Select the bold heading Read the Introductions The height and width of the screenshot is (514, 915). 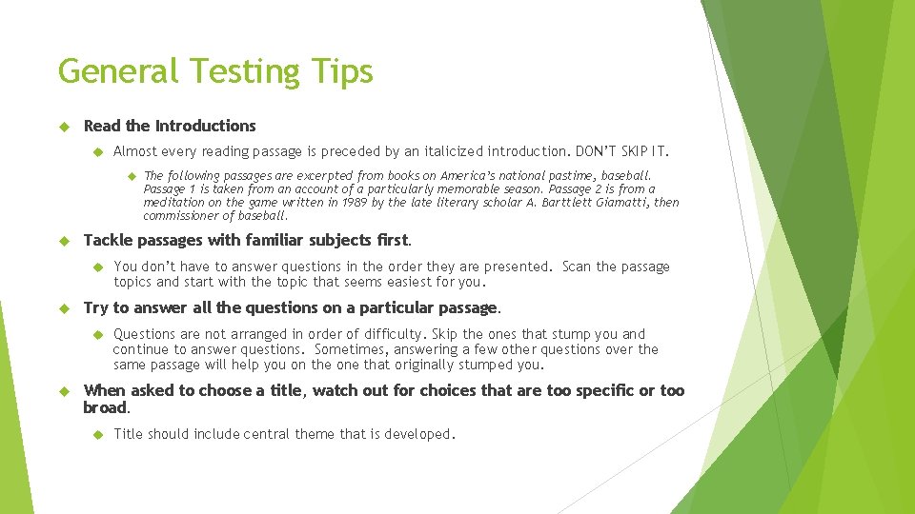[170, 126]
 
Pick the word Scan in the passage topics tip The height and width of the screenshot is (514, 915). [577, 267]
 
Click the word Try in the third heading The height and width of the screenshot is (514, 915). [96, 307]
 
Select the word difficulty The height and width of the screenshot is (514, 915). [394, 334]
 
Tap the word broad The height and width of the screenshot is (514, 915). [104, 407]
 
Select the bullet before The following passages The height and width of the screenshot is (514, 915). [130, 175]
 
